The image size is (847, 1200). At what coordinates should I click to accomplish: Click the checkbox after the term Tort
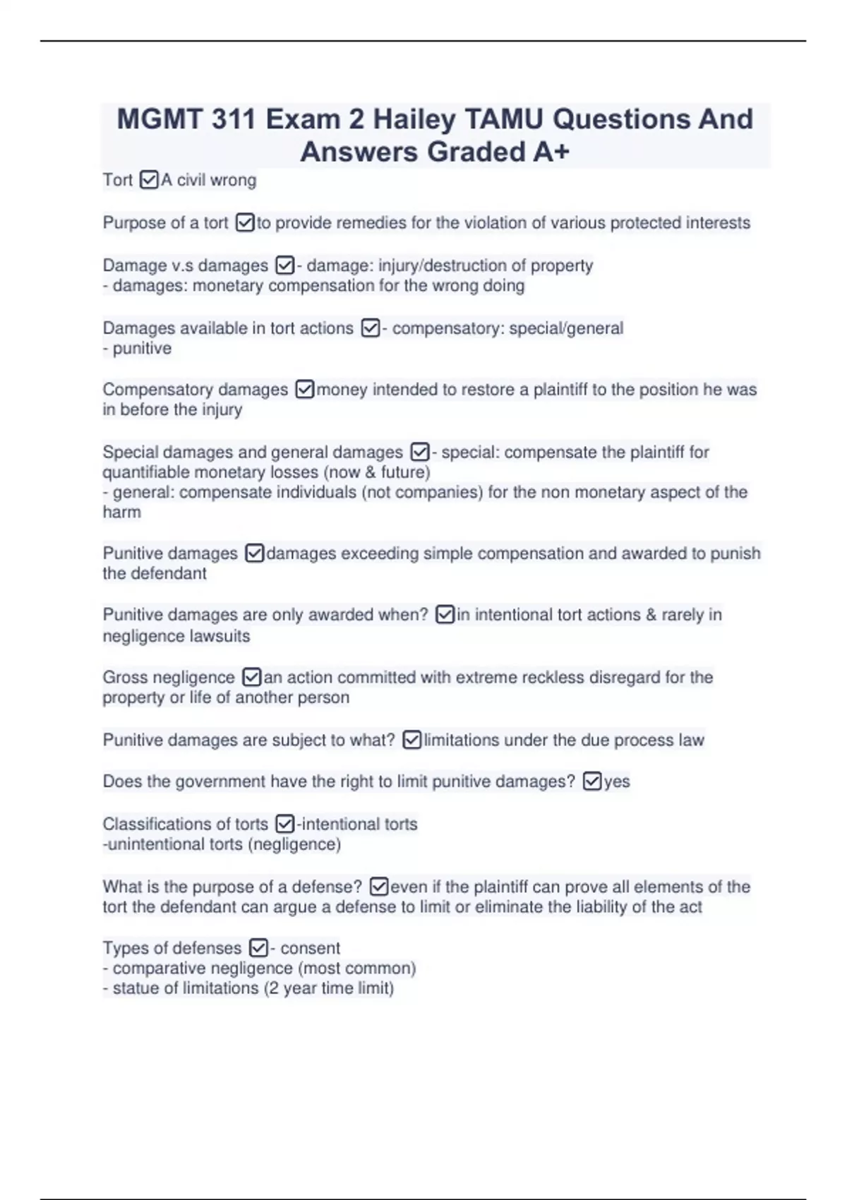[149, 181]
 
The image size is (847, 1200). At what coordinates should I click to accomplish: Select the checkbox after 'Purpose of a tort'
[244, 223]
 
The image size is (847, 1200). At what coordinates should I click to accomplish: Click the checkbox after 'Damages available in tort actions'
[370, 328]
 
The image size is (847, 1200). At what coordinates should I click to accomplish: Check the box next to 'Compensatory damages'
[304, 390]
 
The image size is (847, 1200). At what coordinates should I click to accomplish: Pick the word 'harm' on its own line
[121, 512]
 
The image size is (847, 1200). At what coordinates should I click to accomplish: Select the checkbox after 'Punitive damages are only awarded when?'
[445, 615]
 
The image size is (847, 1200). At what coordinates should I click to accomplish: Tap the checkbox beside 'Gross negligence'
[251, 678]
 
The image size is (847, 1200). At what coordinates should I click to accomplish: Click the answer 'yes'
[617, 781]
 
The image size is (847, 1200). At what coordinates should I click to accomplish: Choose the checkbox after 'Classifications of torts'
[284, 824]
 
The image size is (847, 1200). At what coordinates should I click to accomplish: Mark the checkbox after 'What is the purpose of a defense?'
[378, 887]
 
